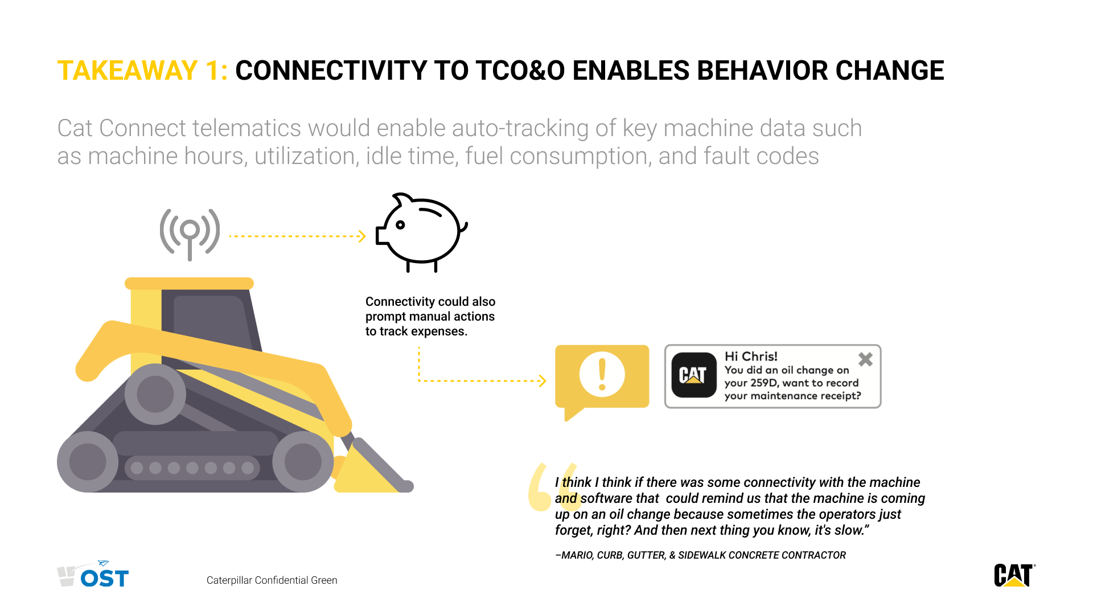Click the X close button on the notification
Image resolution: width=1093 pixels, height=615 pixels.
(x=865, y=359)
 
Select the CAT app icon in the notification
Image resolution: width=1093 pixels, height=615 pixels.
(x=693, y=375)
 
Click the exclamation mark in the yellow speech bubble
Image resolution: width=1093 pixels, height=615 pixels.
(x=602, y=374)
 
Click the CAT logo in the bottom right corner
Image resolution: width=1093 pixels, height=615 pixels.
(x=1014, y=575)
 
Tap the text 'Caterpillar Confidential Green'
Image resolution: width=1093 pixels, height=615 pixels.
(x=272, y=580)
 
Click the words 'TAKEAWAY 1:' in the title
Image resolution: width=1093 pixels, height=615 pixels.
(x=142, y=71)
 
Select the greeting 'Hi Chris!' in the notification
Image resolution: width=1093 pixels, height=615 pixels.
(x=751, y=356)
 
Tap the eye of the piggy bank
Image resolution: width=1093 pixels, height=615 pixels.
(x=400, y=225)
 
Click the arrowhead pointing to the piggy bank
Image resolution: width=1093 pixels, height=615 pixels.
(x=362, y=236)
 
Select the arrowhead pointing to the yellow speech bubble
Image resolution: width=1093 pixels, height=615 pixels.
(x=543, y=381)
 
